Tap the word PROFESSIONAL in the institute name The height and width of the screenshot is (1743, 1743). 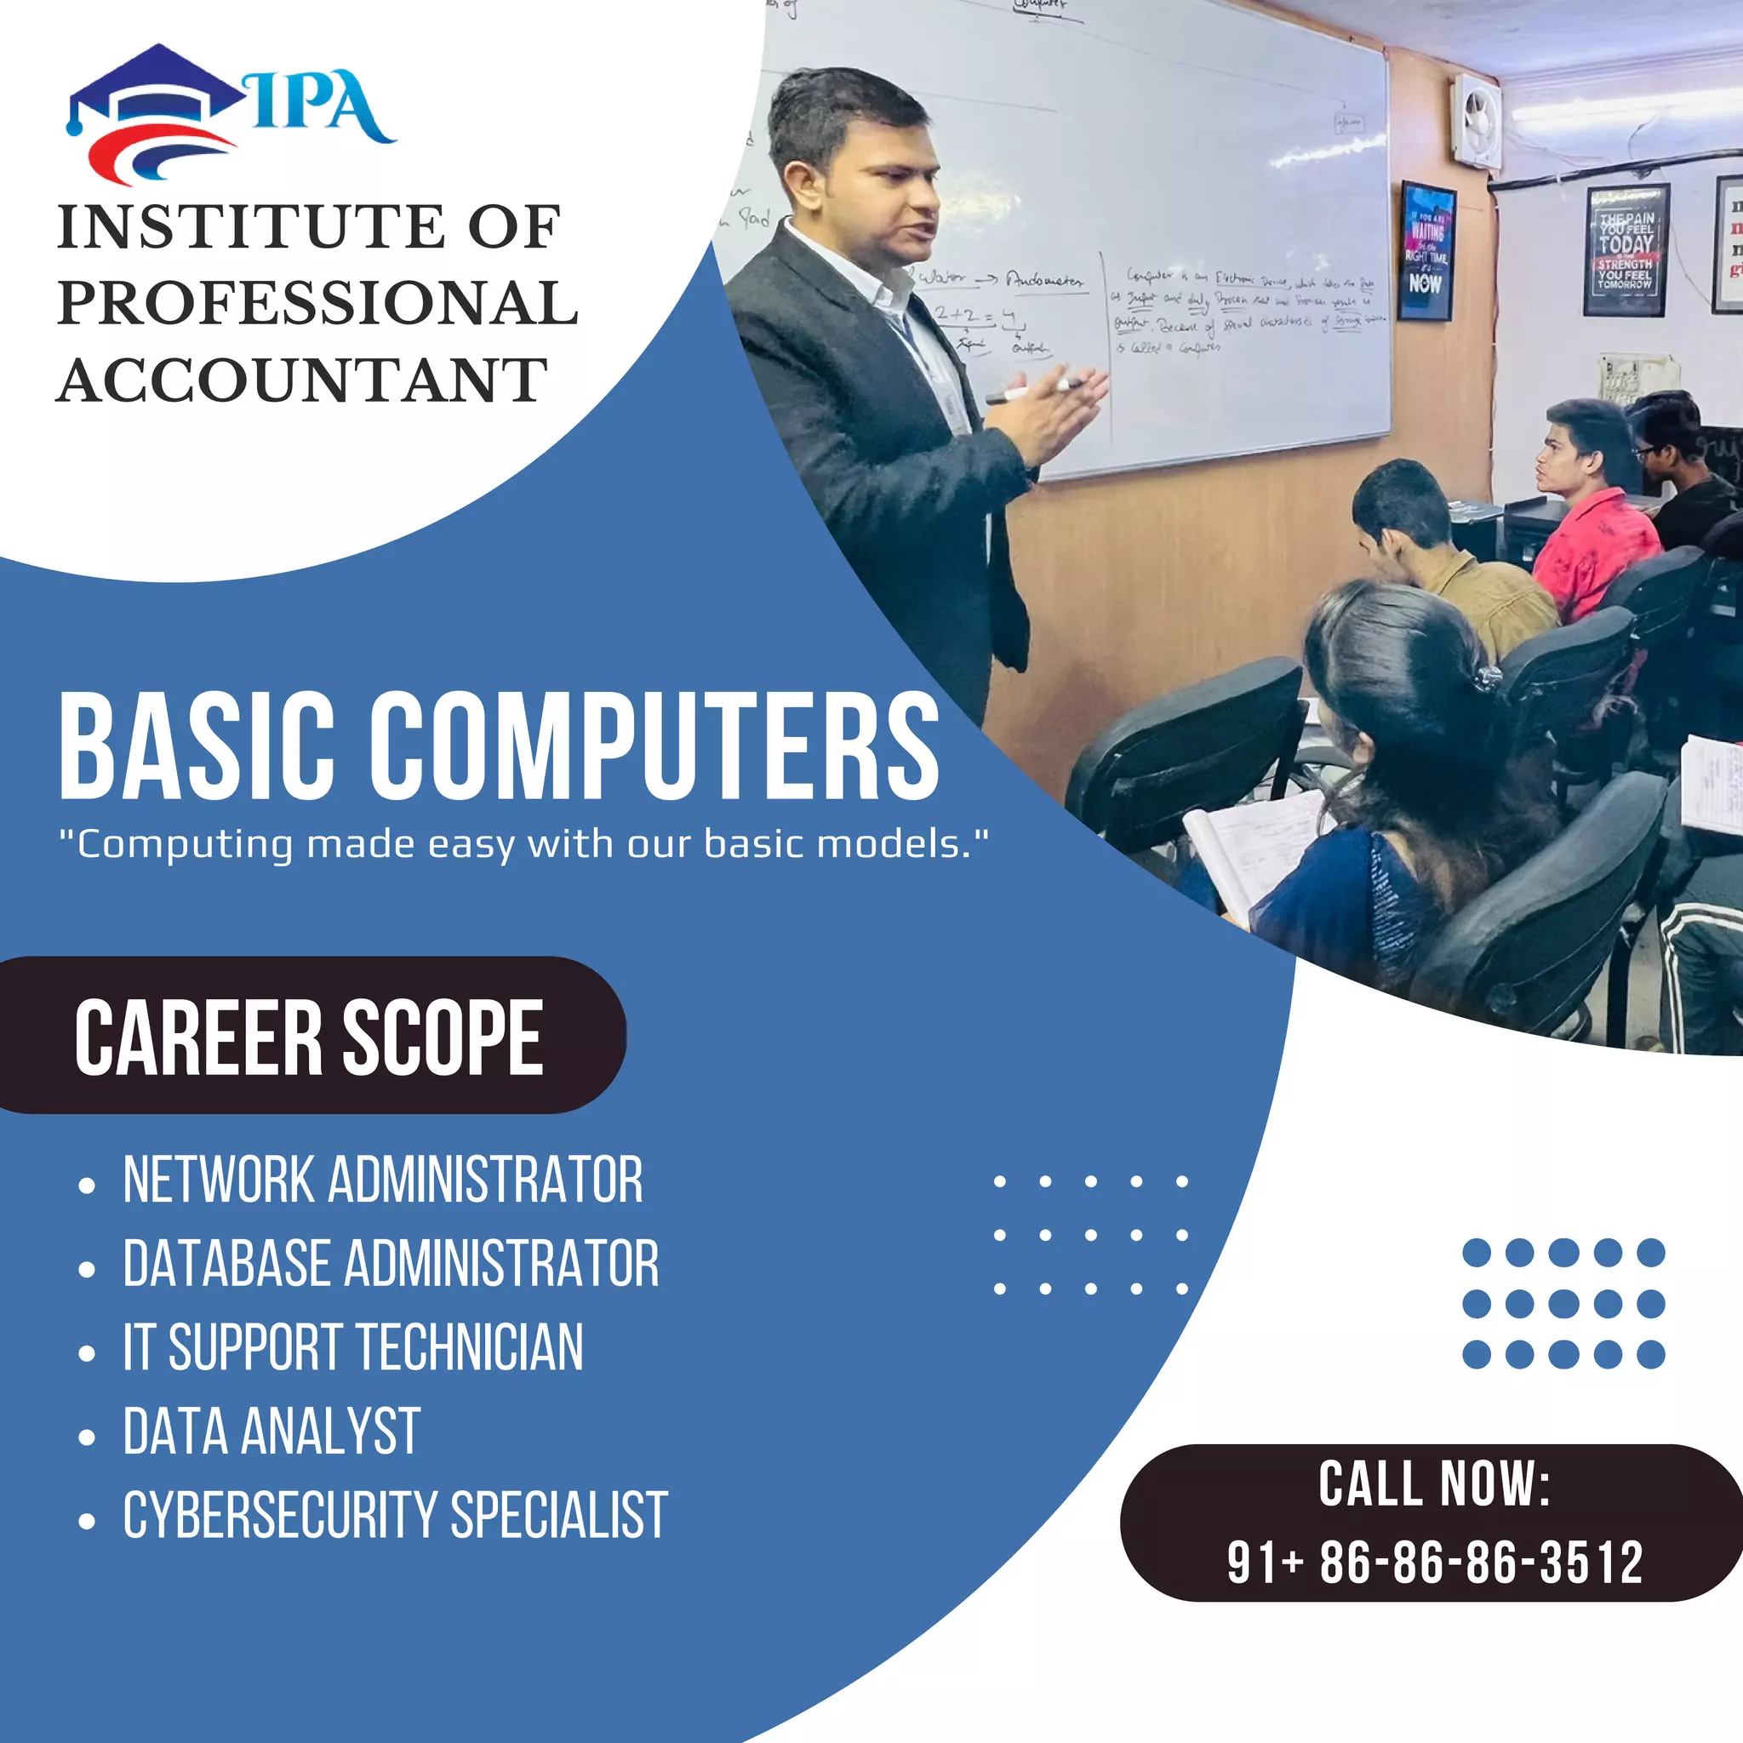317,303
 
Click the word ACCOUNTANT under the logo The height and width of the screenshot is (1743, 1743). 303,380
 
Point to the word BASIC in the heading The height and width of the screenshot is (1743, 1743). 197,746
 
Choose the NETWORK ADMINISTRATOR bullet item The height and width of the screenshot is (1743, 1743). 382,1180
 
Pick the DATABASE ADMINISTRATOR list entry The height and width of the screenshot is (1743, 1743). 391,1263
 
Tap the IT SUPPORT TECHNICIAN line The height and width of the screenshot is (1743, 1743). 352,1347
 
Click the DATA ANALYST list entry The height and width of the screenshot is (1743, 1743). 271,1431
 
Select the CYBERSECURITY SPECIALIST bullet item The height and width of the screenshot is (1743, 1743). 395,1515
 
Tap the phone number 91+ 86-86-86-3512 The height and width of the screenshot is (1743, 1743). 1434,1562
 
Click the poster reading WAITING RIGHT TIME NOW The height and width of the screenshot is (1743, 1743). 1426,251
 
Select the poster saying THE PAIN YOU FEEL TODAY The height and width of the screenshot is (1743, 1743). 1626,249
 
